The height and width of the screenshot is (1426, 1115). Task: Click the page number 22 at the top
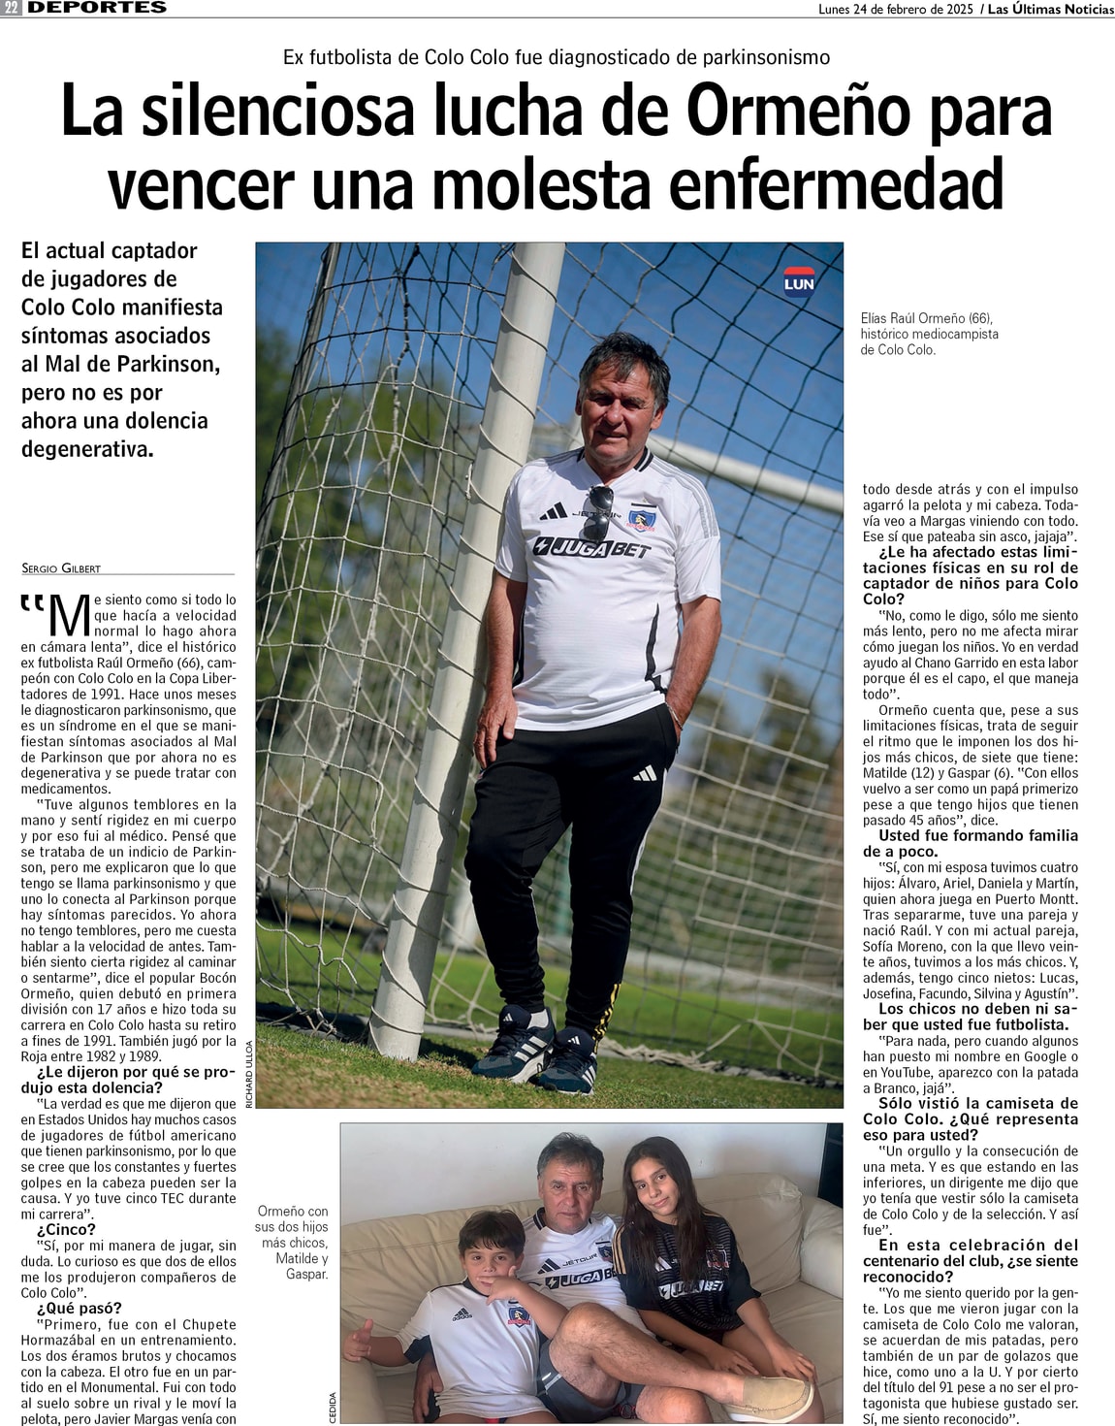pyautogui.click(x=12, y=8)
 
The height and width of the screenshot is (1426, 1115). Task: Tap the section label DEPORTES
pyautogui.click(x=97, y=8)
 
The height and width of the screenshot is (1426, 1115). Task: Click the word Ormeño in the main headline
pyautogui.click(x=797, y=111)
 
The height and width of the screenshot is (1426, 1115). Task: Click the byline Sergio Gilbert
pyautogui.click(x=61, y=567)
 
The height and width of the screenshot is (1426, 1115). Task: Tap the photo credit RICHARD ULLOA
pyautogui.click(x=249, y=1074)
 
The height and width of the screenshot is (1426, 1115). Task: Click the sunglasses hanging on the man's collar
pyautogui.click(x=599, y=514)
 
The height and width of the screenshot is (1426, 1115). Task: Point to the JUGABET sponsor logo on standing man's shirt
pyautogui.click(x=591, y=549)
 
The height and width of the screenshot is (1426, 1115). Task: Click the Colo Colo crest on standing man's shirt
pyautogui.click(x=641, y=520)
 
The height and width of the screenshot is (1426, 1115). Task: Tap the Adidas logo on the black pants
pyautogui.click(x=645, y=773)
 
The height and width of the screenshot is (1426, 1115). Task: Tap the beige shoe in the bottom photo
pyautogui.click(x=780, y=1395)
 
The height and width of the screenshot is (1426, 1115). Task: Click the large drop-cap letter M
pyautogui.click(x=69, y=617)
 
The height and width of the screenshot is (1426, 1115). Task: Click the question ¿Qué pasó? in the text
pyautogui.click(x=79, y=1308)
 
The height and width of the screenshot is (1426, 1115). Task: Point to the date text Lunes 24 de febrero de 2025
pyautogui.click(x=895, y=9)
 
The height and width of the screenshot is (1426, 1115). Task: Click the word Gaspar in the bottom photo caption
pyautogui.click(x=306, y=1274)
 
